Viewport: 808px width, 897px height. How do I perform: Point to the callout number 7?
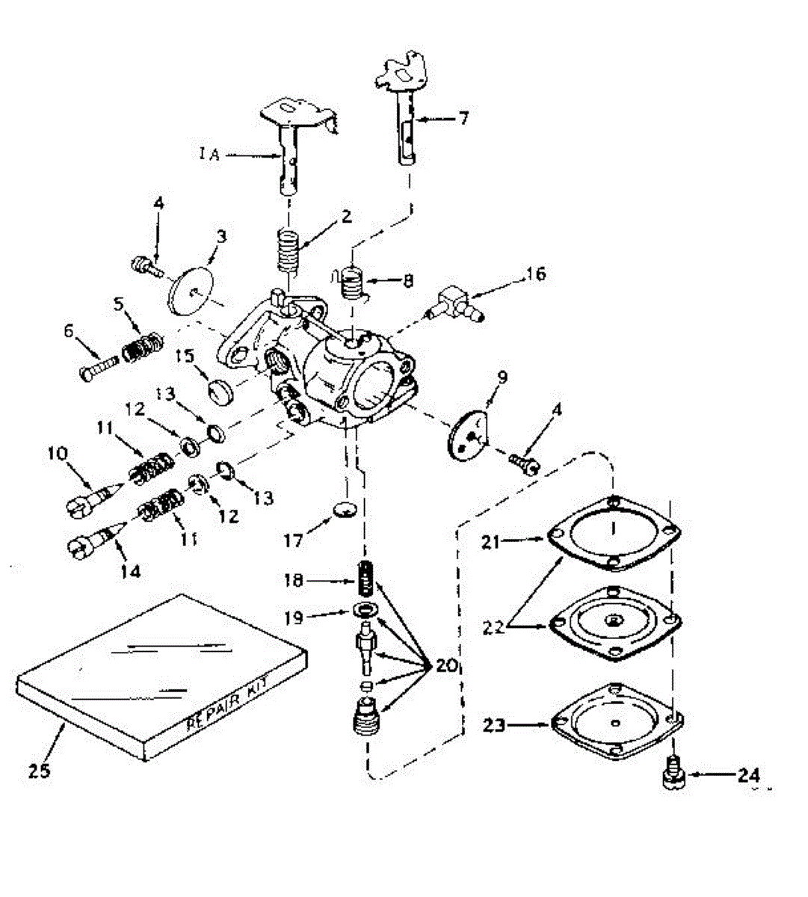click(463, 118)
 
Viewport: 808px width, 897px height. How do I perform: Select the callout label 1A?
click(209, 155)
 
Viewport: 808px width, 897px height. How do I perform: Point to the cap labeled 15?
click(220, 390)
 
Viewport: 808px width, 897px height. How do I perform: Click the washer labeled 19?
click(365, 610)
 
